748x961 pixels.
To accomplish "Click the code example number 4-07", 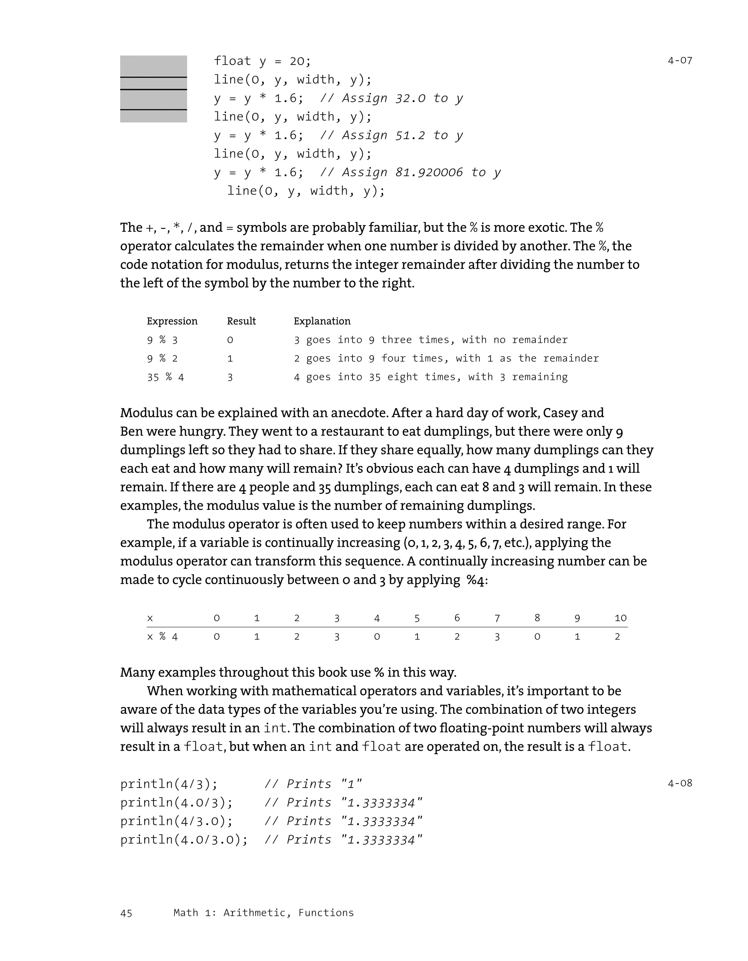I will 679,61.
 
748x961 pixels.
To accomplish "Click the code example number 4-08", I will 679,783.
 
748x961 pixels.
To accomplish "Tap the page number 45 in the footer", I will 126,914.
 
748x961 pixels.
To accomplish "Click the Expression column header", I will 172,321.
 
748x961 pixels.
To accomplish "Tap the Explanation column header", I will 322,321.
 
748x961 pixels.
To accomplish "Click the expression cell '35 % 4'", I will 165,377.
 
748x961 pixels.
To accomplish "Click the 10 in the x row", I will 620,618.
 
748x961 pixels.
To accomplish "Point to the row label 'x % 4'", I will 162,637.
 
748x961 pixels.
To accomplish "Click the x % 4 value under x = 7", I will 497,637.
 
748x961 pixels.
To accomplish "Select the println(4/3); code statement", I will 169,784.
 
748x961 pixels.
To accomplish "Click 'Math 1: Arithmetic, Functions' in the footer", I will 263,912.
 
